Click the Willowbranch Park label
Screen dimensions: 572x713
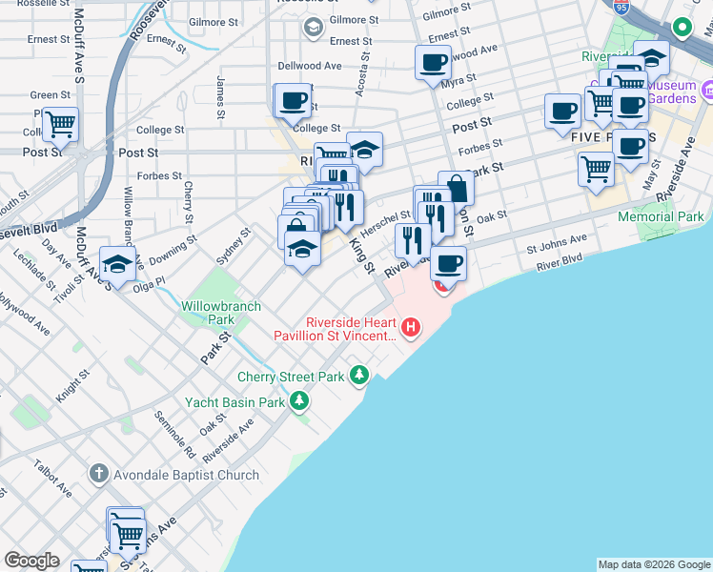coord(208,313)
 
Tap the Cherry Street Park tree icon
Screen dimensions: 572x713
coord(359,376)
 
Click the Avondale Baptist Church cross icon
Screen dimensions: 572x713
coord(98,474)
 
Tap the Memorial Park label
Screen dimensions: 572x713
coord(661,217)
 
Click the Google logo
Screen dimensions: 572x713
coord(31,561)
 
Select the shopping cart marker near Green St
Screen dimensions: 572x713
coord(60,123)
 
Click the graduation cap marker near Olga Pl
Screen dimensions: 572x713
coord(117,263)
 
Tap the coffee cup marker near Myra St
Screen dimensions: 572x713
coord(433,63)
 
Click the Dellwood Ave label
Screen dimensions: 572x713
coord(309,67)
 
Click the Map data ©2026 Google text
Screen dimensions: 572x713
coord(654,564)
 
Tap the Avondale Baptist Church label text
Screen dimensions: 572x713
coord(184,475)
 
